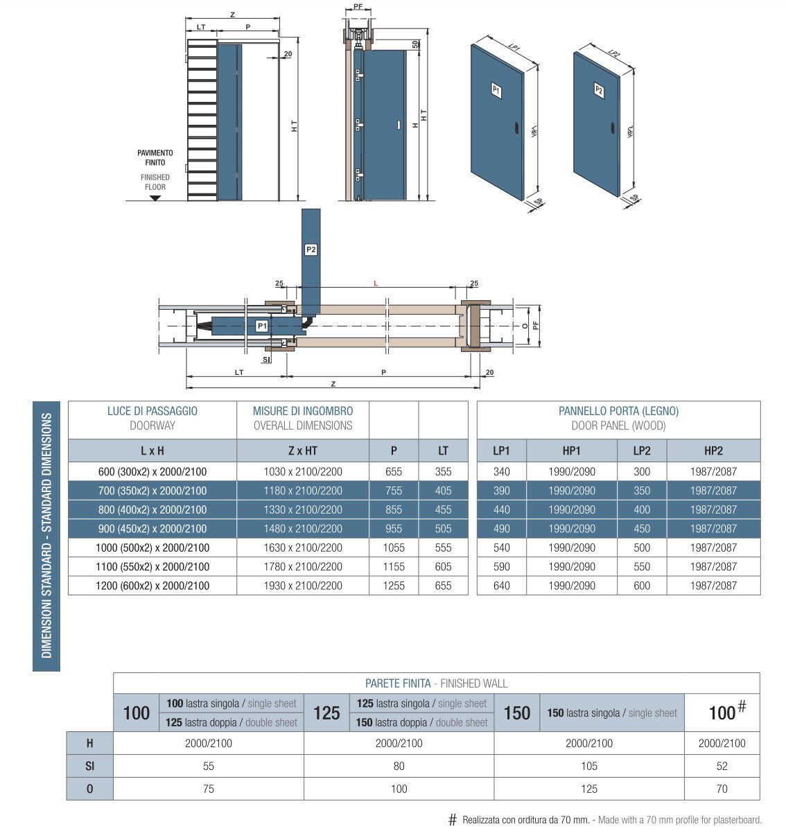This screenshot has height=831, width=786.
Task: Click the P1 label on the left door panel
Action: [x=496, y=89]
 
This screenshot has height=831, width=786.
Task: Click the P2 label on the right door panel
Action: [x=599, y=90]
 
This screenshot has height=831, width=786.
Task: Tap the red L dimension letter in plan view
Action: [x=376, y=283]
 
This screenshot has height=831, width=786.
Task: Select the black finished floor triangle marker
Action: [x=155, y=198]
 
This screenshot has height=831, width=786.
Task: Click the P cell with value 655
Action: [x=394, y=471]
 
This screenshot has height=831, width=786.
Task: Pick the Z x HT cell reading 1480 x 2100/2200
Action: [x=303, y=528]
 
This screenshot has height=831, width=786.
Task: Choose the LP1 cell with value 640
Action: [x=501, y=586]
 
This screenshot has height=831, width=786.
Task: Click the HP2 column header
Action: [x=713, y=451]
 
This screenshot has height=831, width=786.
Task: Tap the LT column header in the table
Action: [x=443, y=451]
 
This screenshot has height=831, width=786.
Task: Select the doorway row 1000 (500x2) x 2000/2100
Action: [x=152, y=548]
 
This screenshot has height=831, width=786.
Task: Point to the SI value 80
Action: [x=399, y=766]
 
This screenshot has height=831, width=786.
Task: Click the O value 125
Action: [x=588, y=789]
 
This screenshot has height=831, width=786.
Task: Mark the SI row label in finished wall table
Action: [x=89, y=766]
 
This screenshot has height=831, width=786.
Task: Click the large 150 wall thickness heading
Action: [x=517, y=712]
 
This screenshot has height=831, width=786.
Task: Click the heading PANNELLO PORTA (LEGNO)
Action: [x=618, y=411]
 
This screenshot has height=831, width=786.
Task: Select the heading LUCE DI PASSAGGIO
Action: [x=152, y=411]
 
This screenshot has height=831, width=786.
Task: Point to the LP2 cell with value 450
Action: [x=642, y=528]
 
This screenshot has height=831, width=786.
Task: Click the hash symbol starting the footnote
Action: [x=453, y=820]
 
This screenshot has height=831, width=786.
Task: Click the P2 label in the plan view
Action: [x=311, y=250]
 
